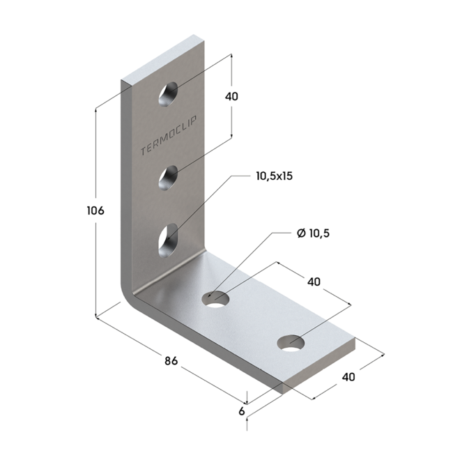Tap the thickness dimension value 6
[242, 411]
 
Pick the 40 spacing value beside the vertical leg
[231, 96]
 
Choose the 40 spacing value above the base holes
[313, 282]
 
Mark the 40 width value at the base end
[349, 377]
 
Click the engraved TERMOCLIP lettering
[169, 136]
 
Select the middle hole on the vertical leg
[168, 178]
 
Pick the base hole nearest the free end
[291, 342]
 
